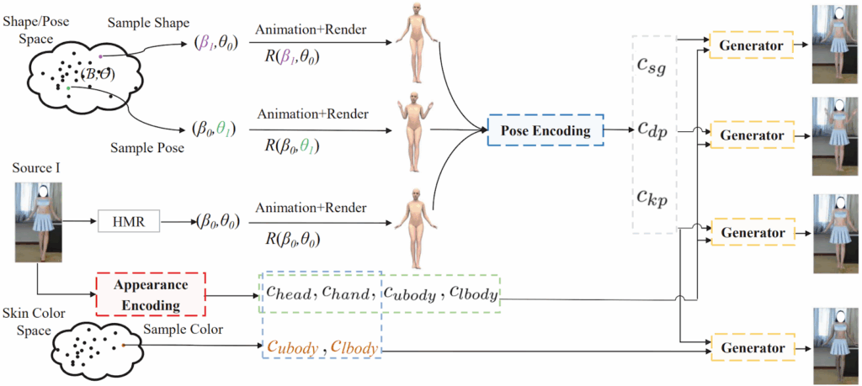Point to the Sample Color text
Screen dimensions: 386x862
tap(184, 330)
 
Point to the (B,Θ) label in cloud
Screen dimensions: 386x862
tap(99, 74)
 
